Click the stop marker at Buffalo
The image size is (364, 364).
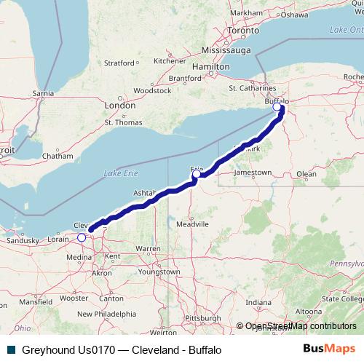(x=277, y=108)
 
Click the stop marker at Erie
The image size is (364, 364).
(x=196, y=174)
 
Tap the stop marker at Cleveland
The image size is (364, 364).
(x=82, y=237)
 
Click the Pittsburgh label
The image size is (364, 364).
(x=202, y=318)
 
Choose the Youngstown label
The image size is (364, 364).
(x=160, y=272)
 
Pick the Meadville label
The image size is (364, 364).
(x=192, y=225)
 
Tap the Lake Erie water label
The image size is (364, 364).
(x=119, y=173)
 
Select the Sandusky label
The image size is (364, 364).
(x=21, y=240)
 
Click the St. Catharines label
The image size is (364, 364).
(x=250, y=89)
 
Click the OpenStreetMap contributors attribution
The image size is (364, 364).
(x=299, y=326)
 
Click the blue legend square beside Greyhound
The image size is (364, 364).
(x=11, y=349)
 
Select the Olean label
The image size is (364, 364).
(x=306, y=174)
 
